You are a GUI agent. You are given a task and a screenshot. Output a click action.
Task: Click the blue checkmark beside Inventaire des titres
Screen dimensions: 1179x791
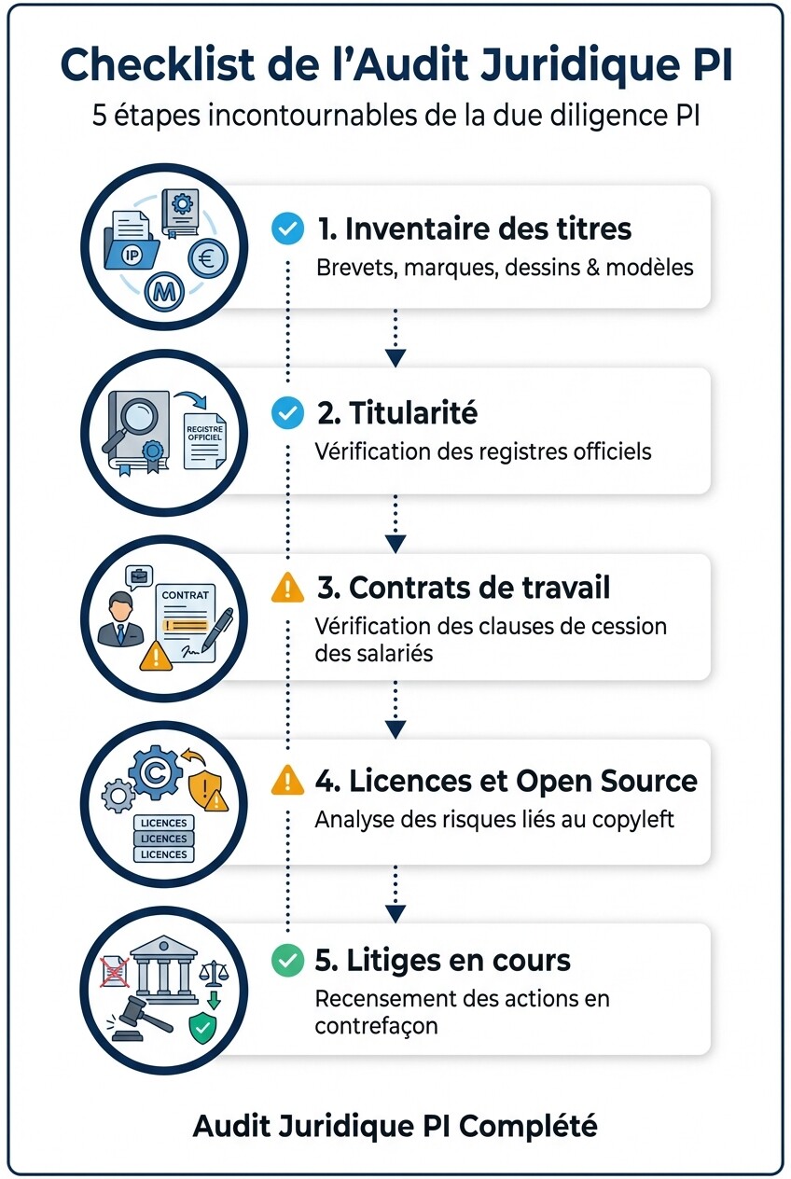pyautogui.click(x=286, y=229)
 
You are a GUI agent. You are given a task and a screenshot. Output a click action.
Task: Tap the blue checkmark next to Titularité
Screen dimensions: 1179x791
pyautogui.click(x=286, y=412)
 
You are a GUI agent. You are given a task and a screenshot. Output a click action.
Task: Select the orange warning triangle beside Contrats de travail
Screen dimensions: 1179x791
pyautogui.click(x=287, y=588)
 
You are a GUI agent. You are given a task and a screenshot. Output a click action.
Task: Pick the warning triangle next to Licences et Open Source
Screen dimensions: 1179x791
pyautogui.click(x=287, y=780)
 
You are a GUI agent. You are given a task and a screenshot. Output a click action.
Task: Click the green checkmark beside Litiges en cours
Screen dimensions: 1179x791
pyautogui.click(x=286, y=960)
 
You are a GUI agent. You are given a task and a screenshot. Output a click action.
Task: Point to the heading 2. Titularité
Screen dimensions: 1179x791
pyautogui.click(x=396, y=412)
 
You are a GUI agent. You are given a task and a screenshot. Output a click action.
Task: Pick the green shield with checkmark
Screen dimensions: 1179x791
pyautogui.click(x=202, y=1028)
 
